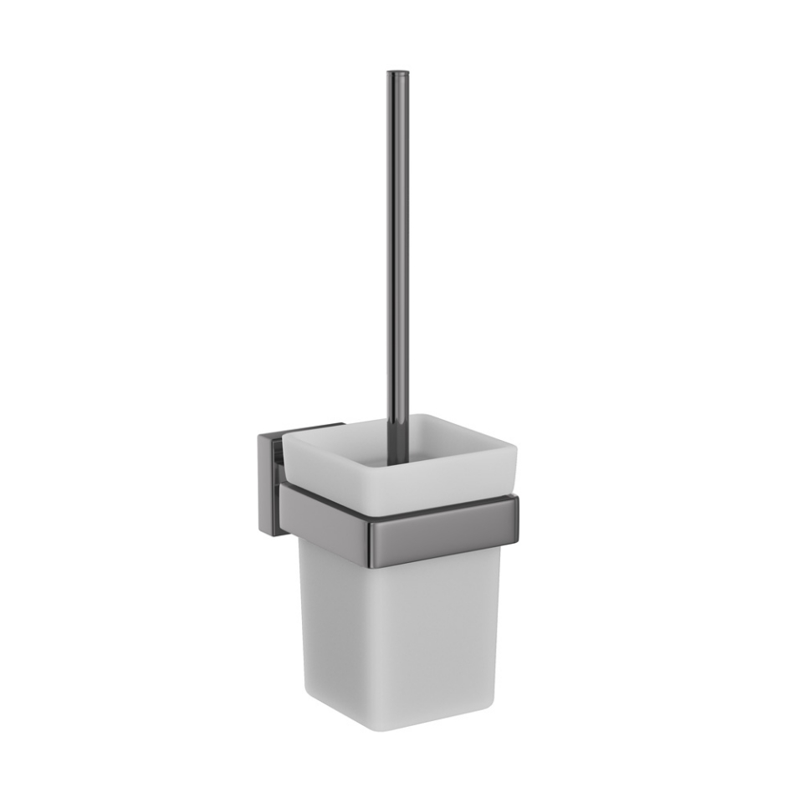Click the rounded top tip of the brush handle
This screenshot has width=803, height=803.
tap(397, 74)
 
